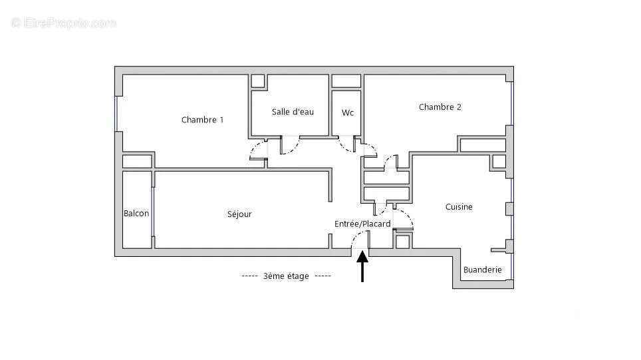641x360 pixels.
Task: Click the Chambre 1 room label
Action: click(202, 120)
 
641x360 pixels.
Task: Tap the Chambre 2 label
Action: click(440, 107)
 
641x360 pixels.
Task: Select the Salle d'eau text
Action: click(293, 112)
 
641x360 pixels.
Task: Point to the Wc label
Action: click(348, 112)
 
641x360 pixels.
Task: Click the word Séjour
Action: click(239, 214)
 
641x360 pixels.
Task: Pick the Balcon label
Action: click(136, 213)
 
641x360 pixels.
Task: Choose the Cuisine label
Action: click(459, 207)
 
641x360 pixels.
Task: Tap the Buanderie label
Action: click(482, 270)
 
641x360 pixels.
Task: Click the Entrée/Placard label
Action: click(362, 224)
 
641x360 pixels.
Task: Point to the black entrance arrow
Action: click(362, 266)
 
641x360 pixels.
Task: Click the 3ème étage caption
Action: click(286, 276)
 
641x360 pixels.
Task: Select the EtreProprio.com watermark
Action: click(63, 23)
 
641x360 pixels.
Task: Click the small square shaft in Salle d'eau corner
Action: click(257, 81)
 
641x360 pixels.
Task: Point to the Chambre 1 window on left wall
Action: click(116, 114)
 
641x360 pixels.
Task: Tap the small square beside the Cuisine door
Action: click(403, 242)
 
